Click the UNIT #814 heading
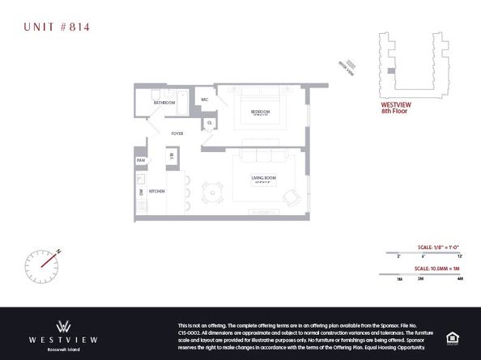pyautogui.click(x=56, y=28)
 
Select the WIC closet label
pyautogui.click(x=205, y=100)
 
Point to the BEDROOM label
pyautogui.click(x=259, y=111)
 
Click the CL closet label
pyautogui.click(x=209, y=123)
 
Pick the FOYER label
pyautogui.click(x=177, y=133)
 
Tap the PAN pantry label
pyautogui.click(x=140, y=161)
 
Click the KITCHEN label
pyautogui.click(x=157, y=191)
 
